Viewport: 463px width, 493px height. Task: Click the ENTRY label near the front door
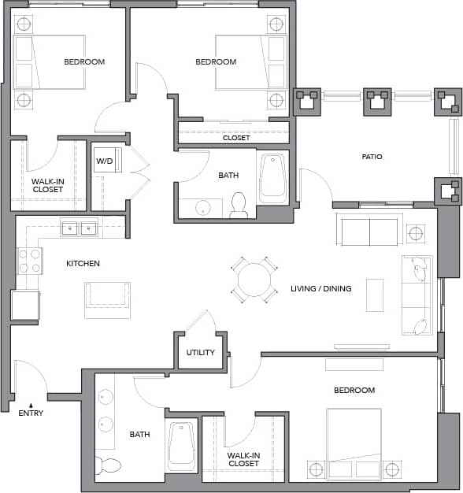[31, 413]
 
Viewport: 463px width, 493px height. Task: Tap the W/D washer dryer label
[105, 161]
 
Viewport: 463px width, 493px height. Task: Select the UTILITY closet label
[201, 352]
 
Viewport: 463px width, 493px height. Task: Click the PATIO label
[372, 157]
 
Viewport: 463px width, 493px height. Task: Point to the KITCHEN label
[83, 263]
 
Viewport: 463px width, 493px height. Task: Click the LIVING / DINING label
[320, 288]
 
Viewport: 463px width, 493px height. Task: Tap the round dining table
[254, 280]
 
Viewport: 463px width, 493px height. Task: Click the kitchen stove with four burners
[30, 261]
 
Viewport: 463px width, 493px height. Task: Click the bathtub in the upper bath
[272, 176]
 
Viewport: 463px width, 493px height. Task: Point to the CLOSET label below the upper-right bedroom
[236, 138]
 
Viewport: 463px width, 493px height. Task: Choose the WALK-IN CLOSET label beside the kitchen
[47, 185]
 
